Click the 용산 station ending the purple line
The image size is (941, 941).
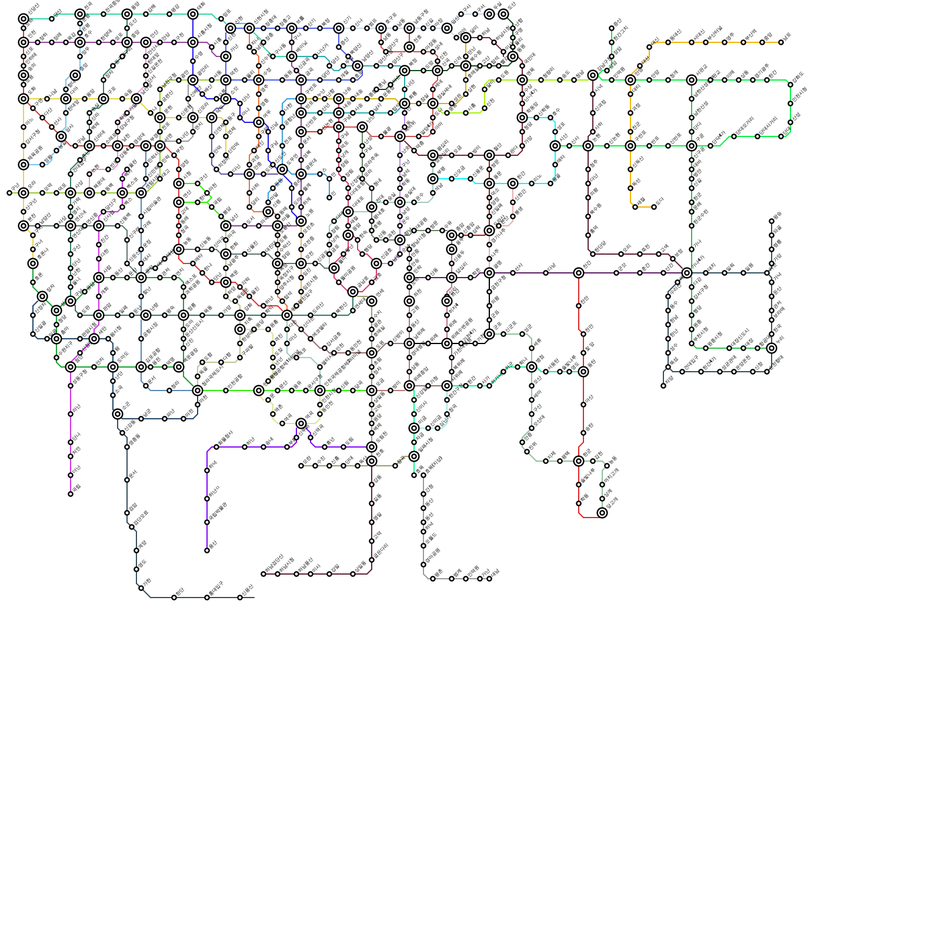[207, 550]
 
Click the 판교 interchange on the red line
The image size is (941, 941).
[579, 461]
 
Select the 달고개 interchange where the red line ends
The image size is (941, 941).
[602, 513]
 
